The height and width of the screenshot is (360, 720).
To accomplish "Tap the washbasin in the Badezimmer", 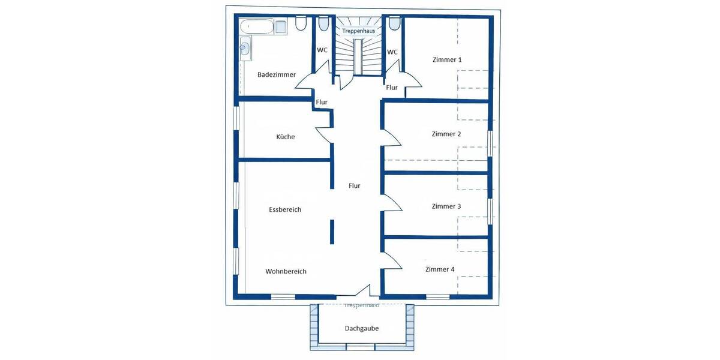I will pyautogui.click(x=245, y=47).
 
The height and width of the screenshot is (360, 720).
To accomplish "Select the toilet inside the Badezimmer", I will pyautogui.click(x=301, y=23).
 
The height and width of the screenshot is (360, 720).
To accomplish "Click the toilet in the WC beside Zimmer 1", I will pyautogui.click(x=394, y=23).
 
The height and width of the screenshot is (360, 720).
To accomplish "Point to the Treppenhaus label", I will pyautogui.click(x=358, y=30).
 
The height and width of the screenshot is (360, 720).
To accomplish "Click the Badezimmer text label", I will pyautogui.click(x=276, y=75).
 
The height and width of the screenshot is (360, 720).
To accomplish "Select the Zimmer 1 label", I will pyautogui.click(x=447, y=60).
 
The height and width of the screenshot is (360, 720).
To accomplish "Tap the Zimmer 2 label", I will pyautogui.click(x=446, y=134).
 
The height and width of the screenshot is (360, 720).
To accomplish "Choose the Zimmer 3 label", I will pyautogui.click(x=446, y=206).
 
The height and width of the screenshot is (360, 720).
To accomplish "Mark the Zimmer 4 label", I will pyautogui.click(x=440, y=269).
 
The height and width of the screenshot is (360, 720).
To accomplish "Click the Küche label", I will pyautogui.click(x=285, y=137).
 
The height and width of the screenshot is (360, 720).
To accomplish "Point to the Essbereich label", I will pyautogui.click(x=285, y=210).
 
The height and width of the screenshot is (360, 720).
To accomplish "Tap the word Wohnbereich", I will pyautogui.click(x=286, y=272).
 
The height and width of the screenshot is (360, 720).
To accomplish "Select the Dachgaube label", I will pyautogui.click(x=361, y=329).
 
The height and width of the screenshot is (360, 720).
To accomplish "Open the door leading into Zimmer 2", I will pyautogui.click(x=391, y=137).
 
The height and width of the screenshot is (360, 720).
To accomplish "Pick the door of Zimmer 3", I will pyautogui.click(x=391, y=203).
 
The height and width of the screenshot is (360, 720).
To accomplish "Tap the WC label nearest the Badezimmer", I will pyautogui.click(x=322, y=50).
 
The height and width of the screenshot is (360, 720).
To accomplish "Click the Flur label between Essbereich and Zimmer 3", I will pyautogui.click(x=355, y=186).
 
